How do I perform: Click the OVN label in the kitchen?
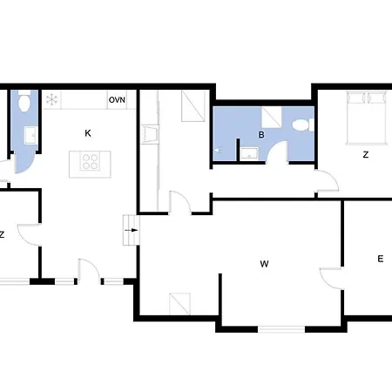click(117, 100)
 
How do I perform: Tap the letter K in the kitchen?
click(88, 133)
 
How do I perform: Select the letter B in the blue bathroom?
click(261, 135)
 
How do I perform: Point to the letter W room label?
click(264, 264)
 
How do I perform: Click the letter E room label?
click(381, 259)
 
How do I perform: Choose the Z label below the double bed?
click(366, 155)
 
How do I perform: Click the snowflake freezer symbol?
click(51, 99)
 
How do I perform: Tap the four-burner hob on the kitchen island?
click(90, 162)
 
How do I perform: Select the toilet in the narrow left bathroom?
click(24, 101)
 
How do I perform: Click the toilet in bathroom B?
click(303, 125)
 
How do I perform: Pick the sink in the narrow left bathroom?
click(30, 135)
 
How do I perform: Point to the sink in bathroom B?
click(249, 153)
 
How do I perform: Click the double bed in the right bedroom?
click(367, 118)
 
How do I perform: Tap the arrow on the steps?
click(132, 230)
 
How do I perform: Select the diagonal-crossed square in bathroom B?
click(272, 117)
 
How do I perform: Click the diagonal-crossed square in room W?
click(179, 304)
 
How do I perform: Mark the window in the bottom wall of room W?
click(281, 329)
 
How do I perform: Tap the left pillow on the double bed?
click(356, 98)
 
